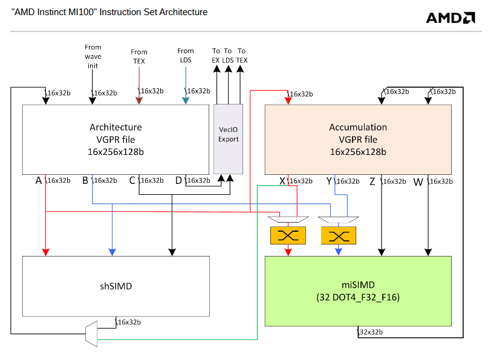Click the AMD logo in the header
tap(450, 18)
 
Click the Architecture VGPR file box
tap(115, 139)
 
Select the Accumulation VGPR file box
tap(358, 139)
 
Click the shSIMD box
tap(115, 286)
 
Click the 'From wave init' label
tap(93, 56)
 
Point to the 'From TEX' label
tap(138, 56)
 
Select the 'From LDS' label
tap(186, 56)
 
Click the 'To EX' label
tap(216, 56)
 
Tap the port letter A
tap(39, 180)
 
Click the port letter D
tap(178, 180)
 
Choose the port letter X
tap(282, 181)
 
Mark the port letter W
tap(418, 181)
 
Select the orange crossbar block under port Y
tap(339, 235)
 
